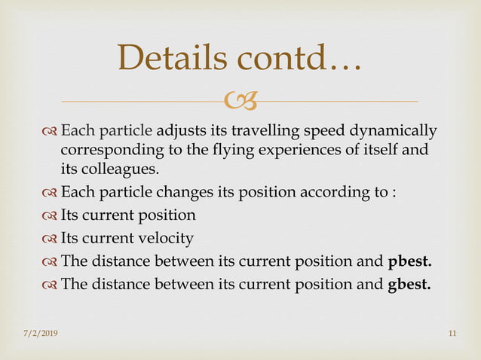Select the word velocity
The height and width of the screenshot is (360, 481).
[165, 238]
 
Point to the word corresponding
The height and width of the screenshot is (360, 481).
[106, 150]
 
